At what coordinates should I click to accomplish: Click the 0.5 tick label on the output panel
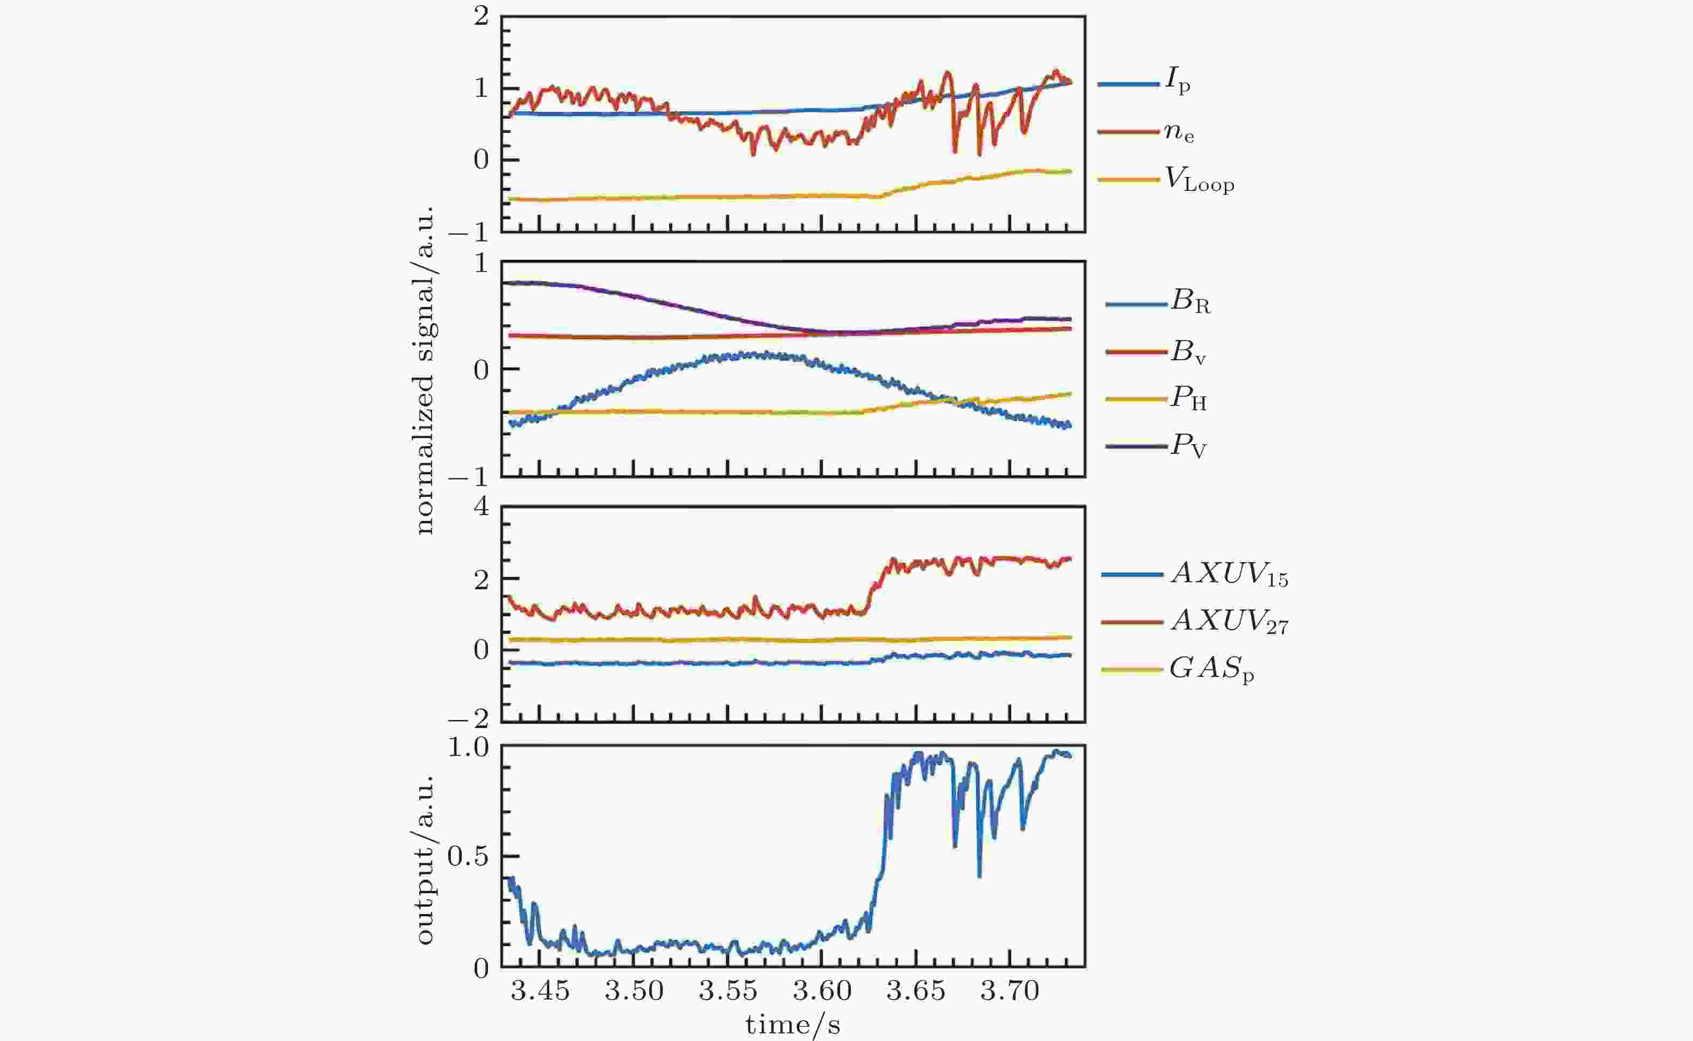click(468, 857)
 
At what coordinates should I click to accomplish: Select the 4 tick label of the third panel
click(481, 508)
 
